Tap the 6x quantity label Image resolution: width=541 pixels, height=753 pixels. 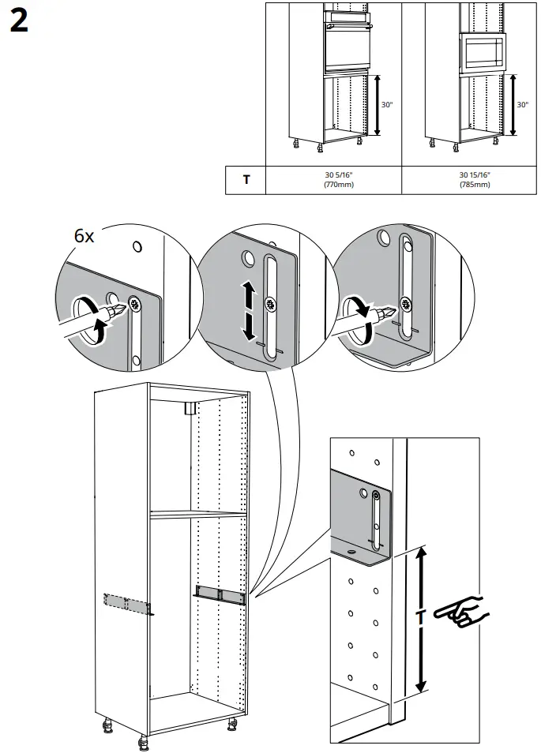[85, 236]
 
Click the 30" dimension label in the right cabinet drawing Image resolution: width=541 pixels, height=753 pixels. [522, 104]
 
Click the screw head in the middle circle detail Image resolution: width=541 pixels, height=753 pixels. [271, 304]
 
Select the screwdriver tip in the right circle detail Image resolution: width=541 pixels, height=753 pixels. [389, 311]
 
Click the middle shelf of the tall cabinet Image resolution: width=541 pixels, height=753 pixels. [197, 515]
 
